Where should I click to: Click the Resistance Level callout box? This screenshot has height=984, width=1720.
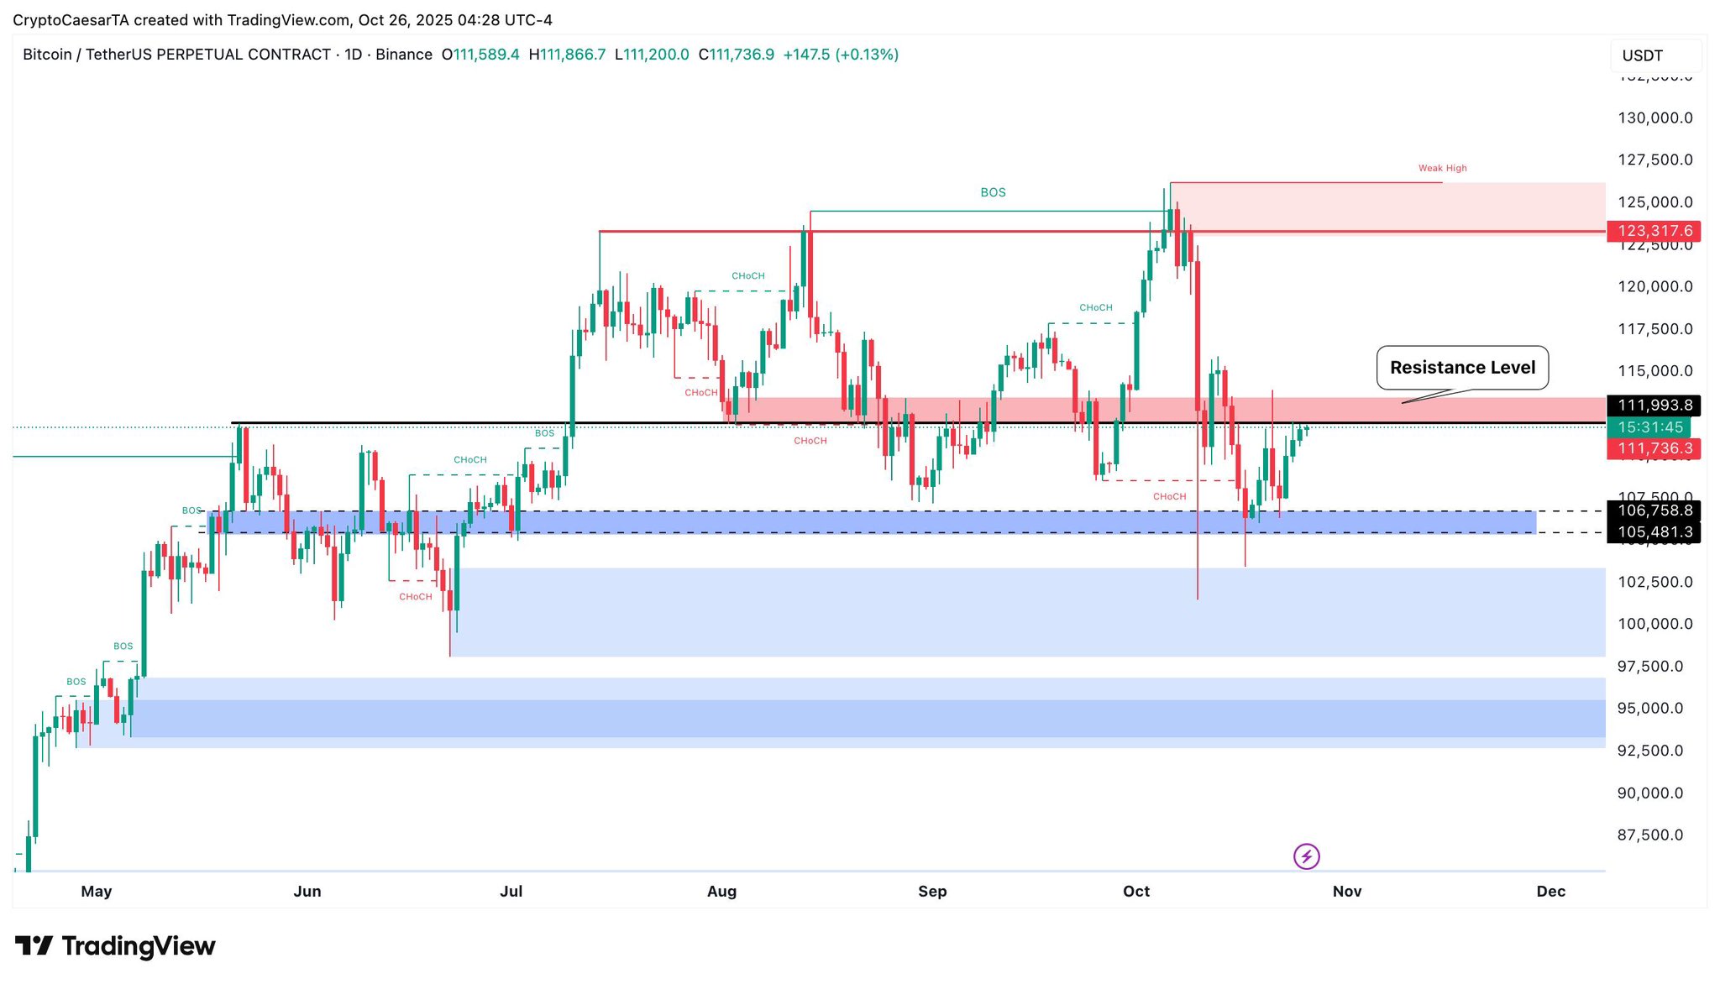pos(1462,368)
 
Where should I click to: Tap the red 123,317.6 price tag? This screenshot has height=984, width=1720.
pos(1654,231)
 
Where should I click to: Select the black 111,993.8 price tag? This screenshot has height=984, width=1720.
pos(1654,406)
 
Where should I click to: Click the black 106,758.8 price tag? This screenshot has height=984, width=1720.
pos(1654,510)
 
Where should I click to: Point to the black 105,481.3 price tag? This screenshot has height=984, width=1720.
pos(1654,532)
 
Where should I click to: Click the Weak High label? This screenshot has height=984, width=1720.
pos(1442,168)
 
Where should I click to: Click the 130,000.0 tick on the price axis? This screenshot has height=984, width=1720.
pos(1655,118)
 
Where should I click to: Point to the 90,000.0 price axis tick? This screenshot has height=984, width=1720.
pos(1650,793)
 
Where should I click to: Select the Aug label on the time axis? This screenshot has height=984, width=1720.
pos(721,892)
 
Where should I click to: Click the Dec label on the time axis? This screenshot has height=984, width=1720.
pos(1550,892)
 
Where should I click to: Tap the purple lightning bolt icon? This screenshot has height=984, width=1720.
pos(1306,856)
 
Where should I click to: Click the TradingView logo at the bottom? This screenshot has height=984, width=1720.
pos(115,946)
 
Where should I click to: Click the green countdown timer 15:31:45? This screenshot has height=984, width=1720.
pos(1649,427)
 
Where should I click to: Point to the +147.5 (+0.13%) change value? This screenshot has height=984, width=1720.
pos(841,55)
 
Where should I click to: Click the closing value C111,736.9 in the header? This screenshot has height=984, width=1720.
pos(737,55)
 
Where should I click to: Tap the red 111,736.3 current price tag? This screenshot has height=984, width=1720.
pos(1654,449)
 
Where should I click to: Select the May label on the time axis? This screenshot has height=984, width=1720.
pos(97,892)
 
